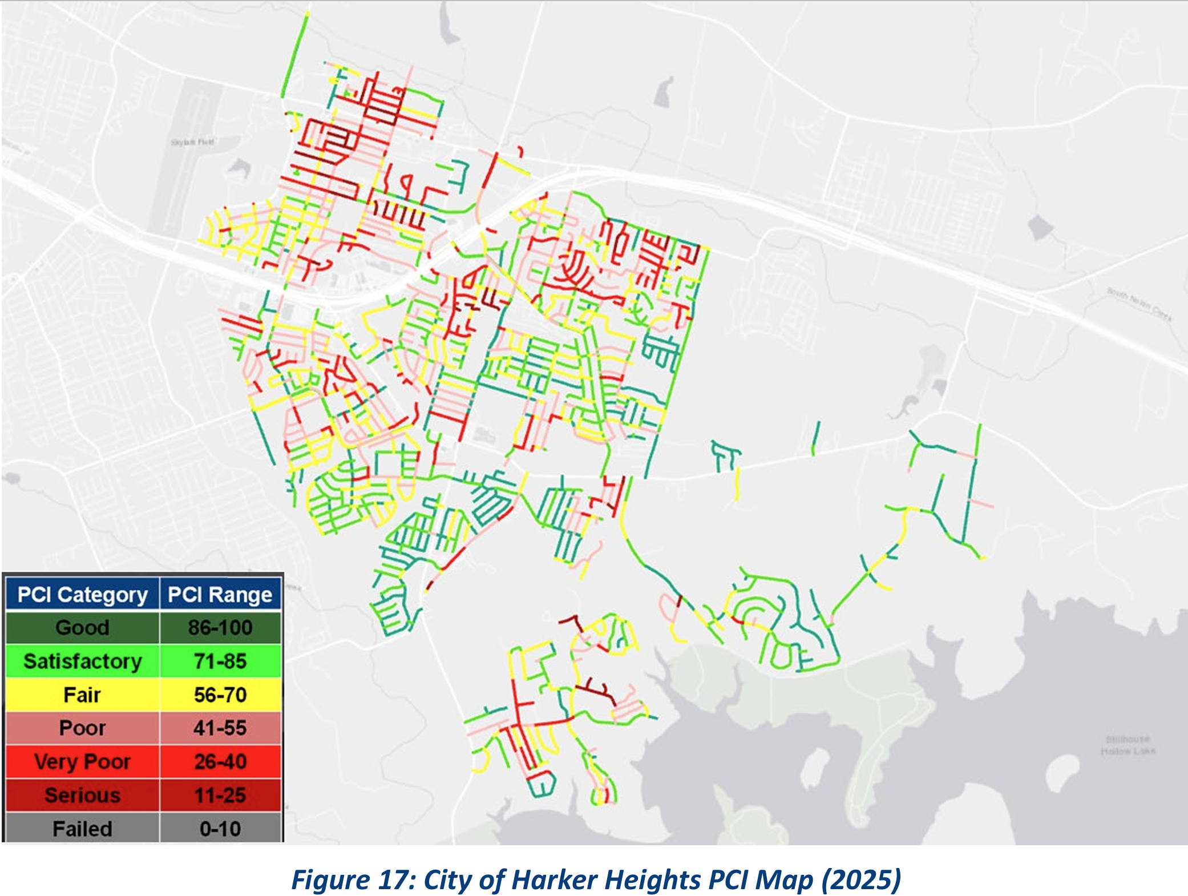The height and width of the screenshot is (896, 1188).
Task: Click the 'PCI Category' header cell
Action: pos(82,595)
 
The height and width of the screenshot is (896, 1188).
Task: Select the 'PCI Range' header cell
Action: pos(220,595)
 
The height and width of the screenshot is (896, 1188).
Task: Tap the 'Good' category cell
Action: pos(82,628)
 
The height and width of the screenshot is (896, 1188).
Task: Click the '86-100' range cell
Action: pos(220,628)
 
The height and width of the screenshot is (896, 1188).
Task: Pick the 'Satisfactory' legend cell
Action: pos(82,661)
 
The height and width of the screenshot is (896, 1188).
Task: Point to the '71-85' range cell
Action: pos(220,661)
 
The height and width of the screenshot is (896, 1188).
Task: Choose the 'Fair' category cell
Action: pos(82,695)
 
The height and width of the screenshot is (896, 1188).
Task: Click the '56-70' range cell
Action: pos(220,695)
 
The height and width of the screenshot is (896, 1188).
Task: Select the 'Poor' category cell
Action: pos(82,728)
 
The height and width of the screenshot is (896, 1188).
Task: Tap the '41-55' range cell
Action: pos(220,728)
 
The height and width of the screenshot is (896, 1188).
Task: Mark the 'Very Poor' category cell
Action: pos(82,762)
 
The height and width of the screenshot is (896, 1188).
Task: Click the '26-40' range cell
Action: pos(220,762)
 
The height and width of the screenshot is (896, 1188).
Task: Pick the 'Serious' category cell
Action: pos(82,795)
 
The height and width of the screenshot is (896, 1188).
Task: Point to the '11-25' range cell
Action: pos(220,795)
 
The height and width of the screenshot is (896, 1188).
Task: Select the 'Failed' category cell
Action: pos(82,828)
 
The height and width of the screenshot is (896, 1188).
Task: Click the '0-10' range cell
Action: pos(220,828)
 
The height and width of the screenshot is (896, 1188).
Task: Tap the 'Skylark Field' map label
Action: pos(192,142)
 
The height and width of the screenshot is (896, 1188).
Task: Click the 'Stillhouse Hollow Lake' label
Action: pos(1128,745)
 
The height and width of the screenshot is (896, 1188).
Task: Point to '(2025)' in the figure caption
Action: pos(861,879)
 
